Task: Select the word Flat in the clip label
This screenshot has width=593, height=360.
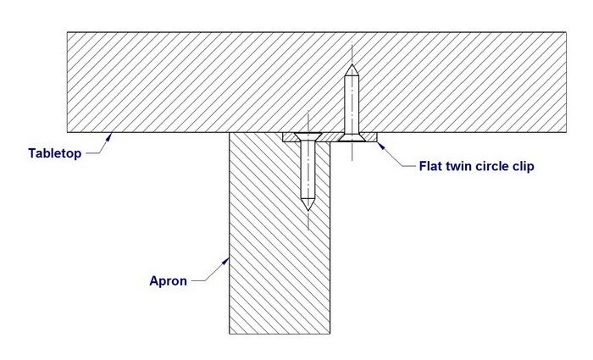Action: (x=432, y=166)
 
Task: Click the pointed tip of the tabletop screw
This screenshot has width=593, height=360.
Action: (x=351, y=67)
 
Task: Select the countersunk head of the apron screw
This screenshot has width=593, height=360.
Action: (x=308, y=136)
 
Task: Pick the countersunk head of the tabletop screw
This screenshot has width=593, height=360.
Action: (x=351, y=135)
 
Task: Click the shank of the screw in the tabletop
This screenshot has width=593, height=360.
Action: (x=351, y=102)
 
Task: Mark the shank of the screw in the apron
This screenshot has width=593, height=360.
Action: (x=308, y=169)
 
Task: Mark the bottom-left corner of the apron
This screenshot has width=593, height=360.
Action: (x=230, y=333)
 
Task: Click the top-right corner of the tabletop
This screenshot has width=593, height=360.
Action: (x=565, y=32)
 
